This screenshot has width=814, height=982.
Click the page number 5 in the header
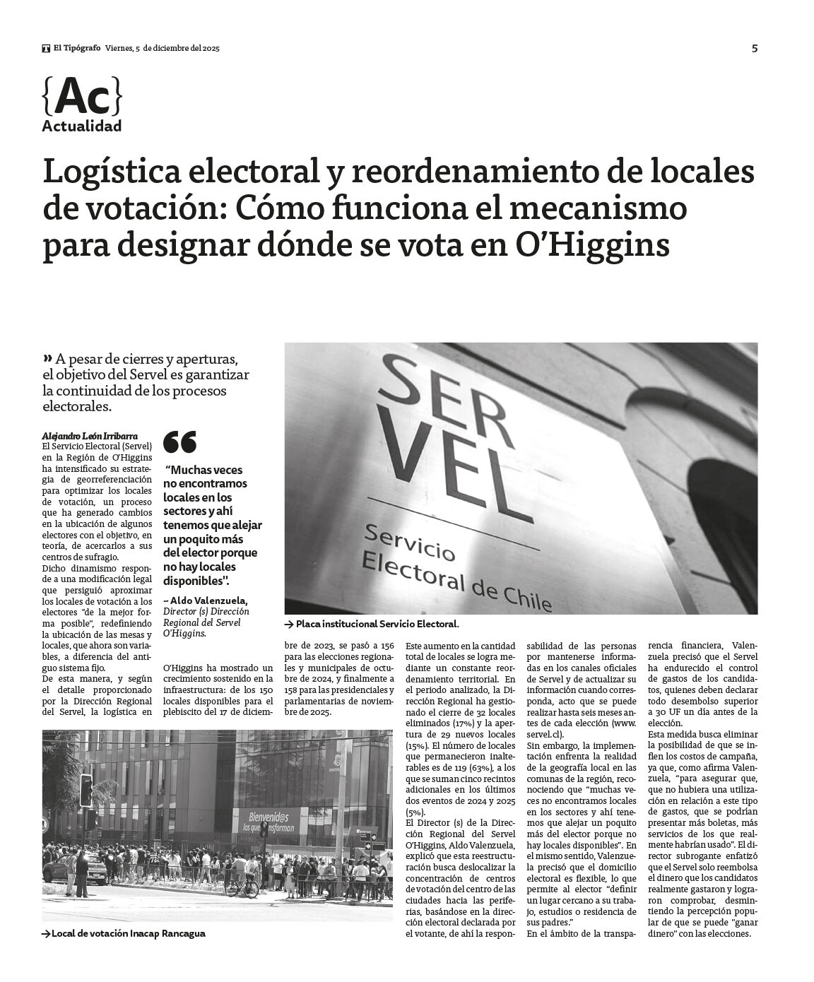point(754,48)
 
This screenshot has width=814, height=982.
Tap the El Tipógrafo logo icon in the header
point(46,49)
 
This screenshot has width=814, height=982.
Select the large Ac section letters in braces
point(82,97)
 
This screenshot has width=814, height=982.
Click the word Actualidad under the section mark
point(81,126)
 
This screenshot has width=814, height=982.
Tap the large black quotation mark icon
point(179,442)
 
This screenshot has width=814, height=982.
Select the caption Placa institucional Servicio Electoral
point(377,624)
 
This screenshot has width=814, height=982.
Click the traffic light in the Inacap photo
point(85,790)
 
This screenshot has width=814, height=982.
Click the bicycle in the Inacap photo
point(240,887)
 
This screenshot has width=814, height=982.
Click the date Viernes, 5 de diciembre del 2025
point(163,48)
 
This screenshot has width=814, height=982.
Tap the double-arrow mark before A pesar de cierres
point(48,356)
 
